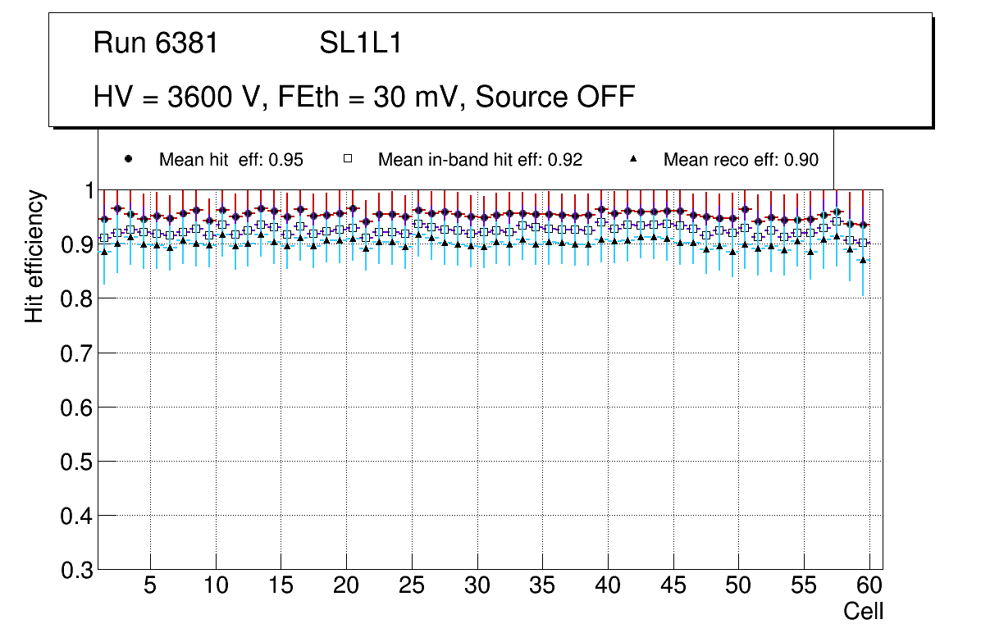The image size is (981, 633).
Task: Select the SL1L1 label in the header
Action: point(360,44)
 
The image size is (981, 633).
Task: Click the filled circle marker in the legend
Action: point(127,159)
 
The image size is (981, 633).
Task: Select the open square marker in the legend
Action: point(348,159)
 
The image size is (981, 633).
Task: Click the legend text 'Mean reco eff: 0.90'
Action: point(740,160)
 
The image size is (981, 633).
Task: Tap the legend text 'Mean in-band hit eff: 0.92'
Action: point(480,160)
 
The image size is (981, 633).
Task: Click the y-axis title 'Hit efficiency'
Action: point(34,256)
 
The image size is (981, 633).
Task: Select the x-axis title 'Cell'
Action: point(864,611)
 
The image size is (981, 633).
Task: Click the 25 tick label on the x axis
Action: point(412,586)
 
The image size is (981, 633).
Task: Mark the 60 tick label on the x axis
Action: point(869,586)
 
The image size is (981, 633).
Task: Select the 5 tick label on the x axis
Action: point(150,586)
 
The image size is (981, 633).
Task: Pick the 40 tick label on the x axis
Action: point(608,586)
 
